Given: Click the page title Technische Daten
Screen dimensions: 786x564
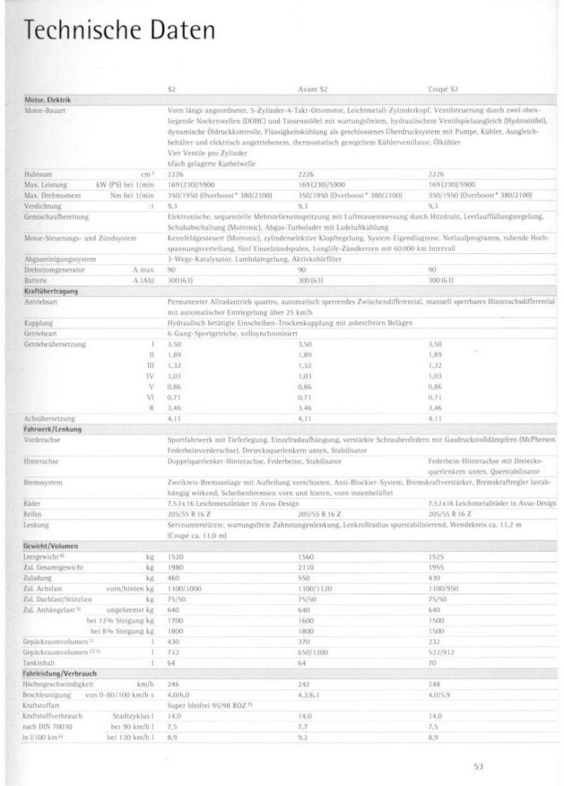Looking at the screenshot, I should pos(120,31).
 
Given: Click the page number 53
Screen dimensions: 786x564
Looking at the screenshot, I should pos(478,764).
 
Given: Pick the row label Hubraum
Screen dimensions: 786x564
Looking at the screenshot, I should pos(39,174).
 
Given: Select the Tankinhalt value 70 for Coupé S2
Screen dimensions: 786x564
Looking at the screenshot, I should pos(432,662).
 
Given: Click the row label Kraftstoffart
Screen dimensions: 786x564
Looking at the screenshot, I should pos(42,703).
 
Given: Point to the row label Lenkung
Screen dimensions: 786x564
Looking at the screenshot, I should pos(37,525).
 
